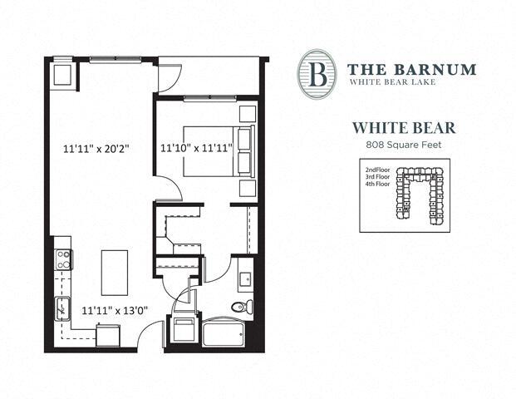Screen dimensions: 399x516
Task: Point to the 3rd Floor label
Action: (x=379, y=177)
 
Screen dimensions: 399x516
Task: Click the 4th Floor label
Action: (x=379, y=185)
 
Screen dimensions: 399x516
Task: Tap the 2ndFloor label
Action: (x=379, y=170)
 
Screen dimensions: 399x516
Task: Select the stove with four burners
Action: (x=61, y=259)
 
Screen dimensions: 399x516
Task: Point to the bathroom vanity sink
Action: (x=245, y=277)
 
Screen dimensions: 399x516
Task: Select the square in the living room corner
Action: (x=62, y=76)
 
